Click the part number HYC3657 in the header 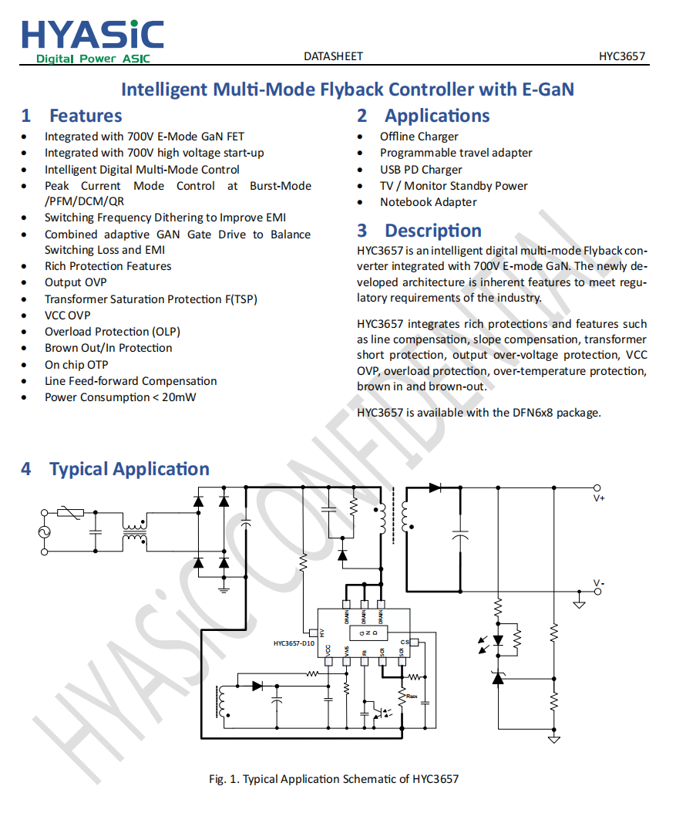[622, 56]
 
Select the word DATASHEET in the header [333, 56]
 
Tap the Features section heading [86, 116]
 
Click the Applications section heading [437, 116]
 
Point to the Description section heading [432, 231]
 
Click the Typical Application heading [129, 469]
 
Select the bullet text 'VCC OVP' [67, 315]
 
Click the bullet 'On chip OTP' [76, 364]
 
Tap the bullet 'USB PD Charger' [421, 170]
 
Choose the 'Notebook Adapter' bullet [428, 202]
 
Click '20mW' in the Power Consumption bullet [179, 397]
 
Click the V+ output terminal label [599, 498]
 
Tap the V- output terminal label [599, 582]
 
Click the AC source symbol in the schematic [44, 531]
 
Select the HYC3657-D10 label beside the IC [294, 643]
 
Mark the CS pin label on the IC [405, 643]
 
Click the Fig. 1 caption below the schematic [334, 779]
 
